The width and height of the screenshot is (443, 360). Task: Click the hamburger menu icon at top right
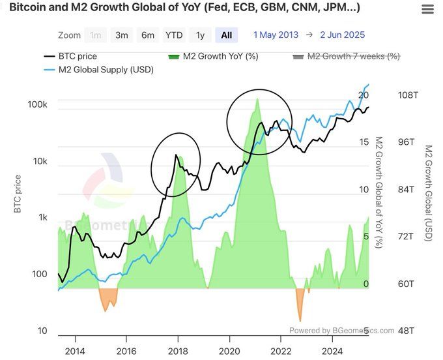pos(427,9)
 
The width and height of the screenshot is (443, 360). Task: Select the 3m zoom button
pos(122,35)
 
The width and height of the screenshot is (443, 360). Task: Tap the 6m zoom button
pos(148,35)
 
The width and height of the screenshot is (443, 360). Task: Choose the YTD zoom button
pos(174,35)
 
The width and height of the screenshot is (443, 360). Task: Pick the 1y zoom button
pos(200,35)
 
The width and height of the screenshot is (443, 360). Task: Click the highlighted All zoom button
pos(226,35)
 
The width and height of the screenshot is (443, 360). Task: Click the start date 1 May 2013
pos(276,35)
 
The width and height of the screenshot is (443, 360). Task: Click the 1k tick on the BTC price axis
pos(42,218)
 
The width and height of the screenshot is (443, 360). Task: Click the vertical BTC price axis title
pos(18,194)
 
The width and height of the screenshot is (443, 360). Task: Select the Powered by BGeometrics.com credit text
pos(341,331)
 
